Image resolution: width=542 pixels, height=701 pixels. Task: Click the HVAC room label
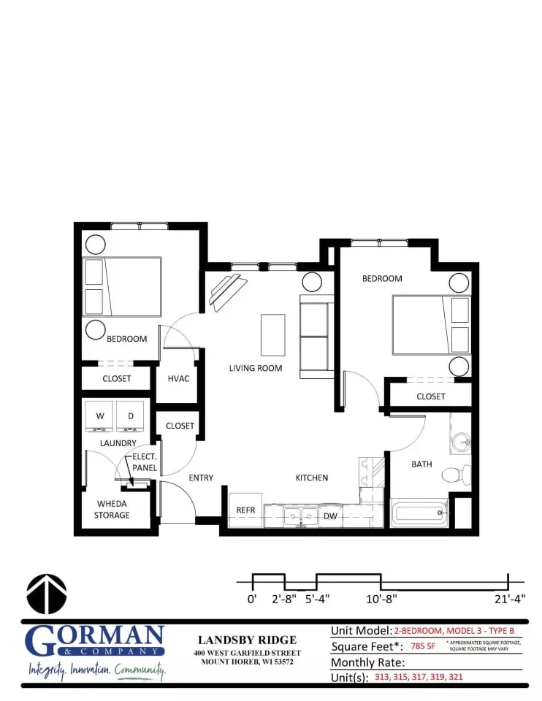pyautogui.click(x=178, y=378)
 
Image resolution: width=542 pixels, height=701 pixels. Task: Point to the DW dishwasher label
pyautogui.click(x=329, y=516)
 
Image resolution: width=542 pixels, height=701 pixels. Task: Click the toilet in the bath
pyautogui.click(x=456, y=475)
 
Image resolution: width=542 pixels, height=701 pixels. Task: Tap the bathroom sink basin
pyautogui.click(x=460, y=442)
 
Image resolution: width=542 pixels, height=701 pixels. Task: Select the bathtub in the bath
pyautogui.click(x=419, y=513)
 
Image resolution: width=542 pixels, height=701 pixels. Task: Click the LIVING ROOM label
pyautogui.click(x=256, y=368)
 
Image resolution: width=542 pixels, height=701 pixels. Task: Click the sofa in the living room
pyautogui.click(x=316, y=337)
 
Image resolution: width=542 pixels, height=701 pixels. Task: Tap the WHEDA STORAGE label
pyautogui.click(x=112, y=509)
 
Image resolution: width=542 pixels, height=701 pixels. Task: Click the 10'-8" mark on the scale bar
pyautogui.click(x=381, y=598)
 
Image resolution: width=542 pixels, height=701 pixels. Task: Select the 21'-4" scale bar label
pyautogui.click(x=508, y=599)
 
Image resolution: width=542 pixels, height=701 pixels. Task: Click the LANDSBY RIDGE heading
pyautogui.click(x=248, y=640)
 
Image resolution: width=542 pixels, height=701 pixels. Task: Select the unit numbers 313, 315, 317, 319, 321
pyautogui.click(x=419, y=677)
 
